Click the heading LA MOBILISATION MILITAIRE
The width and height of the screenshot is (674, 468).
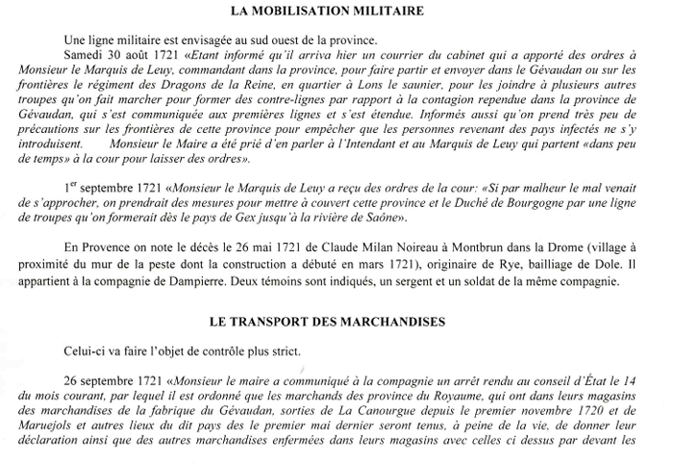pos(337,13)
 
